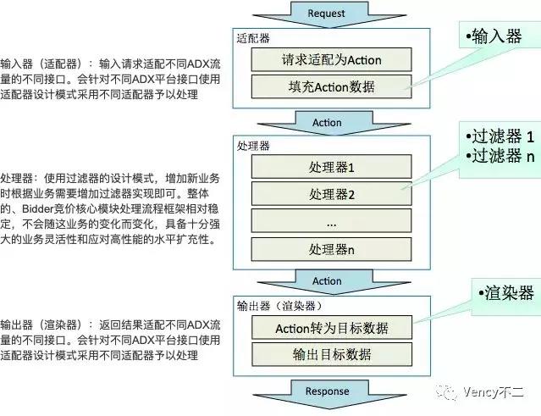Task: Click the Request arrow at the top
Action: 329,14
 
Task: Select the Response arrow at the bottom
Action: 329,394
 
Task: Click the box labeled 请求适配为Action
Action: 331,59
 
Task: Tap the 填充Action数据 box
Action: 331,86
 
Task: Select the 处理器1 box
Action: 331,167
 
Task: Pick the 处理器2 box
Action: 331,194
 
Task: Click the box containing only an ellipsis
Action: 331,220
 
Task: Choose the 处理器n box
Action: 331,249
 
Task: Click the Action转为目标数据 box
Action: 332,328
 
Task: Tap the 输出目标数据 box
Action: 332,354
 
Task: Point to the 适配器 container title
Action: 253,38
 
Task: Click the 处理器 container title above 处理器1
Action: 253,146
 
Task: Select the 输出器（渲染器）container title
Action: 279,306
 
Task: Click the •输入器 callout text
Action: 494,36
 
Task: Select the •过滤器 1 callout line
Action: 500,136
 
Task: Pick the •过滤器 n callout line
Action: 500,156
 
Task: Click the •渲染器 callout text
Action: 506,293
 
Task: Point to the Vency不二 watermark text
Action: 494,391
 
